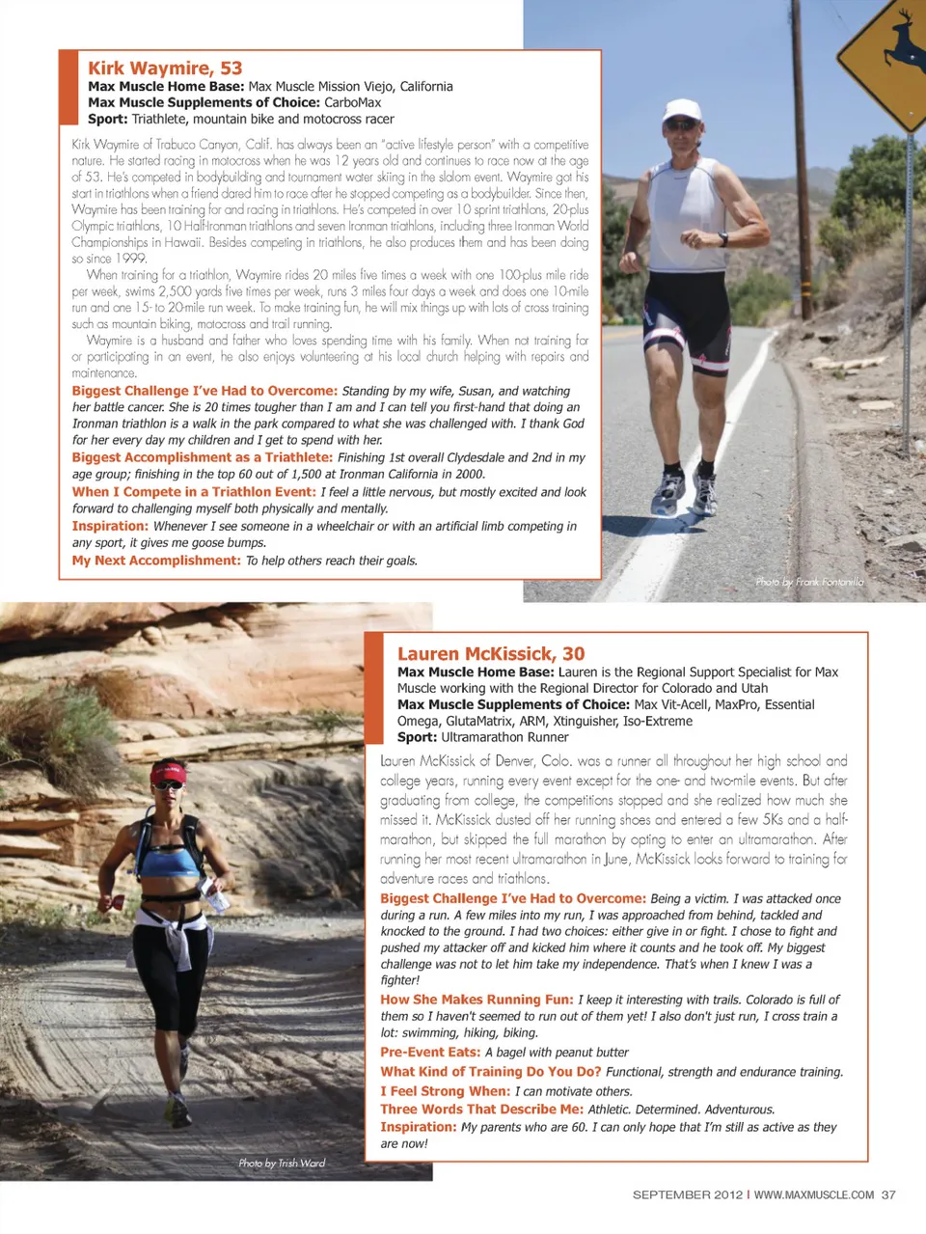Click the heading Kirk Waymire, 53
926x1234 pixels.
coord(165,69)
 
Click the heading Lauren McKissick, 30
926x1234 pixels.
coord(491,654)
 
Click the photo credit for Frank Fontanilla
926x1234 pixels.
coord(809,582)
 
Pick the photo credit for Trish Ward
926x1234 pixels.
coord(282,1164)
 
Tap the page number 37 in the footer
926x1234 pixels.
coord(887,1194)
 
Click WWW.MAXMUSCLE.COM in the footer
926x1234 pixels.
coord(813,1194)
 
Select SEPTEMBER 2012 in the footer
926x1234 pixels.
coord(687,1194)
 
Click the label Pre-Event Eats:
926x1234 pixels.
coord(430,1053)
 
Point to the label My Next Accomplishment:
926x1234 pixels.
coord(156,561)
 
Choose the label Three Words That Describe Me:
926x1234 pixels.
coord(481,1110)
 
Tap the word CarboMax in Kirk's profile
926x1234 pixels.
coord(352,102)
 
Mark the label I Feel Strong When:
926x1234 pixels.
coord(445,1091)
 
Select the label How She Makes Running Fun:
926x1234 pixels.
coord(477,1000)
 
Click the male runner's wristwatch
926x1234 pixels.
coord(722,240)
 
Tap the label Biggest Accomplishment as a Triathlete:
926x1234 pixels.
coord(203,457)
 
